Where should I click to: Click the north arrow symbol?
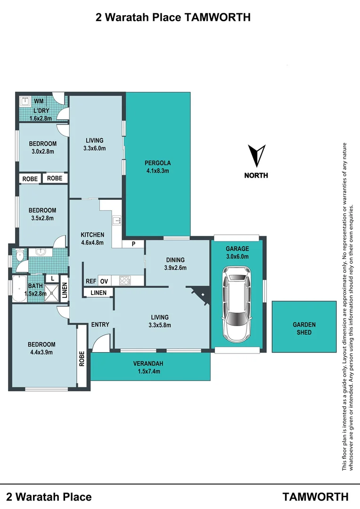tap(256, 156)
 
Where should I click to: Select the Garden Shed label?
tap(304, 328)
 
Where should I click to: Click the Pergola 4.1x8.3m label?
tap(157, 167)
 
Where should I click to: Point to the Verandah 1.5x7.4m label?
tap(150, 367)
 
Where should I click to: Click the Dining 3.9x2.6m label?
tap(175, 263)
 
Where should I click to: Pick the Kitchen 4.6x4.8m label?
tap(92, 238)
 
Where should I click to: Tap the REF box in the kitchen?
tap(91, 281)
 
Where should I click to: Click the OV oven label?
tap(104, 281)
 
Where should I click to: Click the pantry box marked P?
tap(133, 244)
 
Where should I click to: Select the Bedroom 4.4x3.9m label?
tap(42, 348)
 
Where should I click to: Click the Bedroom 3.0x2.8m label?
tap(42, 148)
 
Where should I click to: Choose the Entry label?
tap(100, 324)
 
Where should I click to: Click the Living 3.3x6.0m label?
tap(95, 144)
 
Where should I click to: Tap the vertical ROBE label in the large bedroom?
tap(82, 359)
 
